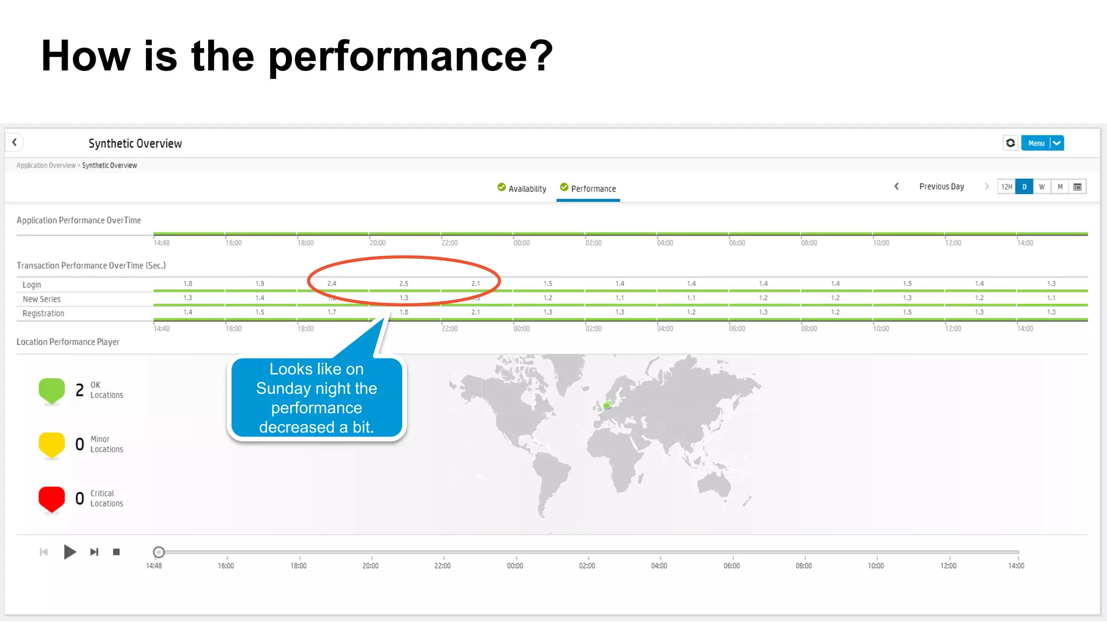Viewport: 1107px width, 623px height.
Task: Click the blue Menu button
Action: pyautogui.click(x=1036, y=143)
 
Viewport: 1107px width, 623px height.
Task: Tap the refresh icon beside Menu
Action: pyautogui.click(x=1010, y=143)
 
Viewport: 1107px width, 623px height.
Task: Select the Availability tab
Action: pyautogui.click(x=522, y=188)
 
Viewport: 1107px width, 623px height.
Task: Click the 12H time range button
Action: pyautogui.click(x=1006, y=187)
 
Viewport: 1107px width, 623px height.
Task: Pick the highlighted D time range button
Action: pyautogui.click(x=1024, y=187)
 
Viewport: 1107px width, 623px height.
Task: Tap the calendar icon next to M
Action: pyautogui.click(x=1077, y=187)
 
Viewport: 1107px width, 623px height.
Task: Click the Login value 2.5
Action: pyautogui.click(x=404, y=283)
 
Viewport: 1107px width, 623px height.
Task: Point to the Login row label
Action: pyautogui.click(x=32, y=284)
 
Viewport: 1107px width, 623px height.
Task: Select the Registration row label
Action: pyautogui.click(x=43, y=313)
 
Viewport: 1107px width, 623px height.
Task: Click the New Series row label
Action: pyautogui.click(x=42, y=299)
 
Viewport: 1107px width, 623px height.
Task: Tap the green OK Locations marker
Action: pyautogui.click(x=52, y=390)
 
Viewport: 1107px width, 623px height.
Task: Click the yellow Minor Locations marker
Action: pyautogui.click(x=52, y=445)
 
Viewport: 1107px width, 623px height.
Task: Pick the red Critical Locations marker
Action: pyautogui.click(x=52, y=499)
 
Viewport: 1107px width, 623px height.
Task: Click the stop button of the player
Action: pyautogui.click(x=116, y=552)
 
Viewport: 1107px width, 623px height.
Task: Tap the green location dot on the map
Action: pyautogui.click(x=607, y=405)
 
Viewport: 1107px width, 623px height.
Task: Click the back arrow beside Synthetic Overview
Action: pyautogui.click(x=15, y=142)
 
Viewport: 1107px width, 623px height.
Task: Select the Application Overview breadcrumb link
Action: pyautogui.click(x=46, y=165)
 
